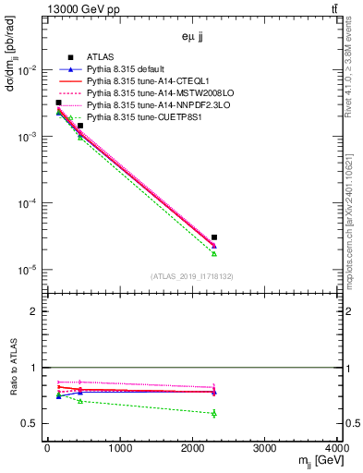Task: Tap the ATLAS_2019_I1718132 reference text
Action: pyautogui.click(x=192, y=276)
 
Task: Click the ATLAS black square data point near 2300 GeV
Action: pyautogui.click(x=214, y=237)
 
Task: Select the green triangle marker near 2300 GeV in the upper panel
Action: pyautogui.click(x=214, y=253)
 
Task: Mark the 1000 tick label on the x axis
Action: pyautogui.click(x=119, y=449)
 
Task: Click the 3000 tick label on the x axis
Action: pyautogui.click(x=265, y=449)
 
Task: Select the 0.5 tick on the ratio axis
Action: pyautogui.click(x=33, y=423)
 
